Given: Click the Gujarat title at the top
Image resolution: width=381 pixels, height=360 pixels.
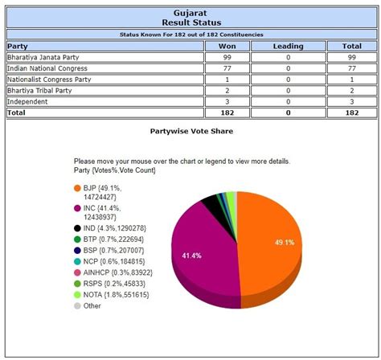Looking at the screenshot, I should pos(190,13).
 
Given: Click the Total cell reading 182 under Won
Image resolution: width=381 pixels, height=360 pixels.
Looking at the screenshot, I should pos(226,114).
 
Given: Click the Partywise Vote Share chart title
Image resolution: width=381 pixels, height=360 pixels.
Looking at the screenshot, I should pos(190,130).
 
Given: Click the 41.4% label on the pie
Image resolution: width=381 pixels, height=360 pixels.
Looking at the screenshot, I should pos(191,255).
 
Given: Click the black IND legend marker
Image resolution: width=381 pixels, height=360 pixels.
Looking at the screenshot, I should pos(77,227).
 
